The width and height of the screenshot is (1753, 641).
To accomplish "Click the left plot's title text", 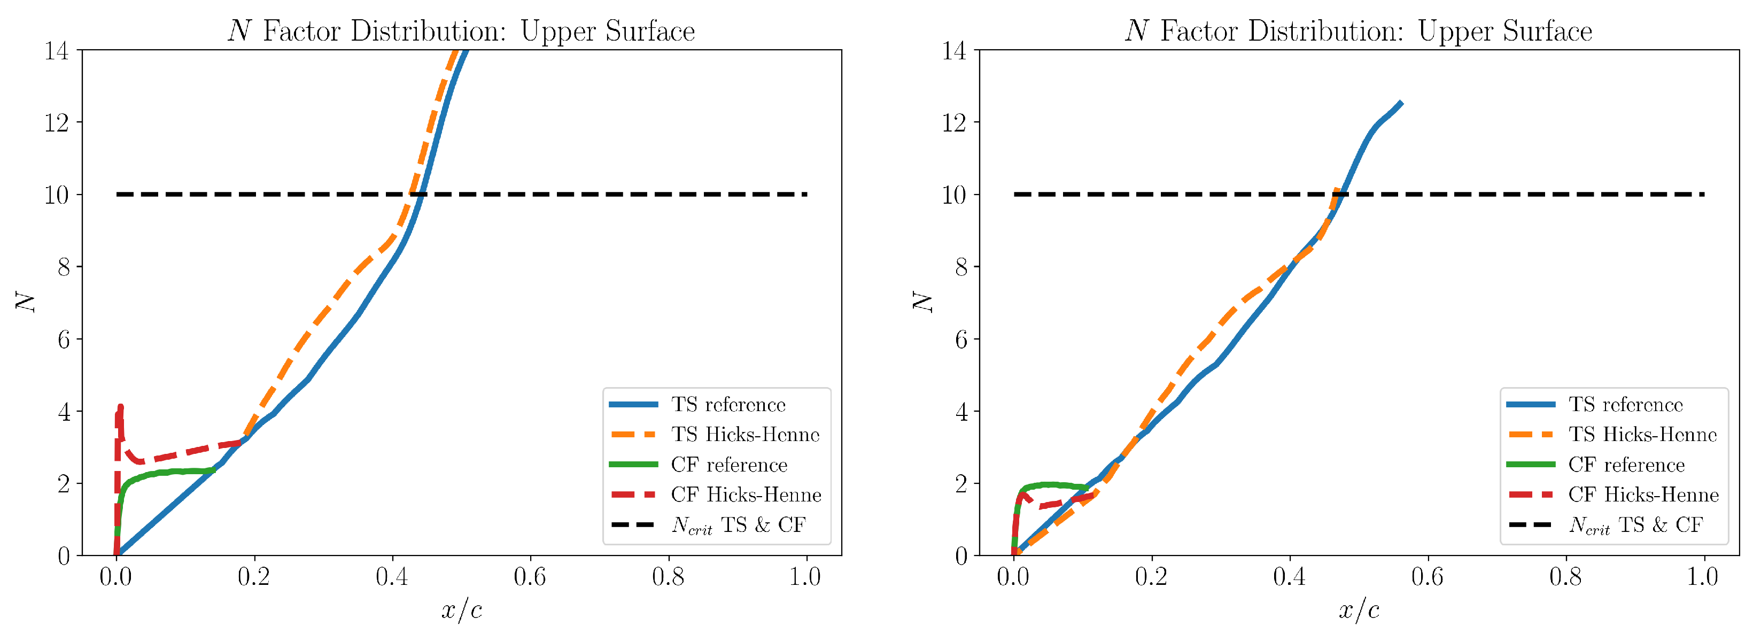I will (x=461, y=32).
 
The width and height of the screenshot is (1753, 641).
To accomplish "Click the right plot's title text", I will (x=1358, y=32).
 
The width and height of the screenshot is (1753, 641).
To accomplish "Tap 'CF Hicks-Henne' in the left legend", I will (x=746, y=495).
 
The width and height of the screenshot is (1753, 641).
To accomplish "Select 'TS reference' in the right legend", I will (x=1625, y=405).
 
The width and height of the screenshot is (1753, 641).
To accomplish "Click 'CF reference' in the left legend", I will (x=729, y=465).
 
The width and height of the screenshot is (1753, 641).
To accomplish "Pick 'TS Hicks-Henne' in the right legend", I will (x=1643, y=435).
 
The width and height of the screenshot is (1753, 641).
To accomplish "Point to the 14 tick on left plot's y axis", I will (x=57, y=50).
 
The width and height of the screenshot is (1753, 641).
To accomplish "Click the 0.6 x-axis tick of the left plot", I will (x=530, y=577).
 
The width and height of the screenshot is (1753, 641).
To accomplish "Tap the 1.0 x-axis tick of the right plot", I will (x=1703, y=577).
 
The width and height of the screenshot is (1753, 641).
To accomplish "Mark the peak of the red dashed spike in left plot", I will (x=120, y=407).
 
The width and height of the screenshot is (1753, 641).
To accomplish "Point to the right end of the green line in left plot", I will (x=214, y=470).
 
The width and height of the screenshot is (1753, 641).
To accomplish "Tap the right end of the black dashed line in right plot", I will (x=1703, y=195).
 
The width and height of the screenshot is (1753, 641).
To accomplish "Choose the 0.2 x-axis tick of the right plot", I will (x=1151, y=577).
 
